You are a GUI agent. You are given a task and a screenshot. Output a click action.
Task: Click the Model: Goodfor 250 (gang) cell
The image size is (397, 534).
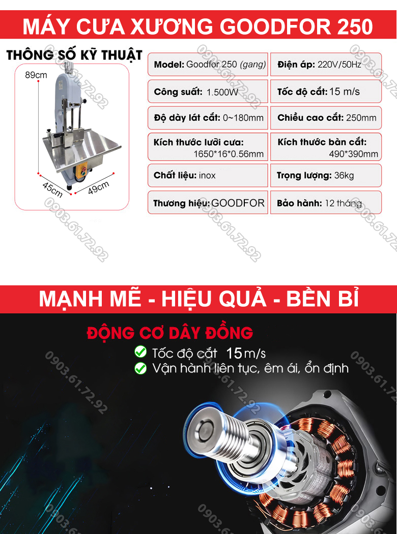208,65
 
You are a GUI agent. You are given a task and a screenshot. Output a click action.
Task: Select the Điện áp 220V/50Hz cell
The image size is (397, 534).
326,65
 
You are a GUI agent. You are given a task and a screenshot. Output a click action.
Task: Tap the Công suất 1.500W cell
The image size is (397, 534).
208,92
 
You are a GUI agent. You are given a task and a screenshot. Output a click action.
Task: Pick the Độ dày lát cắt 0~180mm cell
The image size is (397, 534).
208,118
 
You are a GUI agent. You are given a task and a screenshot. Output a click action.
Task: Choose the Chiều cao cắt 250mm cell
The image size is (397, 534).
326,118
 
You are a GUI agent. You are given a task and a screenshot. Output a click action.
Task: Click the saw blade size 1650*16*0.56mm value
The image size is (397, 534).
229,154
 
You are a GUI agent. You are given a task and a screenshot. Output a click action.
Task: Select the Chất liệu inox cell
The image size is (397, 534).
208,175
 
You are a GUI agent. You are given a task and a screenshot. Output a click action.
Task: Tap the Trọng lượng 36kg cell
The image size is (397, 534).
326,175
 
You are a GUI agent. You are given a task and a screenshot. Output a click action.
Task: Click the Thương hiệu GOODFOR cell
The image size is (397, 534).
208,203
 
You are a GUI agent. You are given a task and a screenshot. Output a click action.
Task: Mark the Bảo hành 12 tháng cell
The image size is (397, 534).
326,203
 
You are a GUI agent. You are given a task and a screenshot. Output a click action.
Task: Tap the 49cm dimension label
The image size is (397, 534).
99,188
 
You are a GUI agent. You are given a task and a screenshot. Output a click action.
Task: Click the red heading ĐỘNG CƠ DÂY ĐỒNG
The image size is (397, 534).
169,333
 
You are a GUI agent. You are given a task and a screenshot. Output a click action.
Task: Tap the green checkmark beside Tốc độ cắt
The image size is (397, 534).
139,352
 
